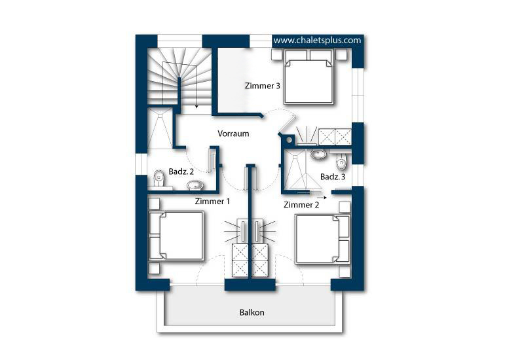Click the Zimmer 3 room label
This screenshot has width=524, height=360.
tap(263, 86)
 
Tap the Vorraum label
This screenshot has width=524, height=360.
tap(233, 134)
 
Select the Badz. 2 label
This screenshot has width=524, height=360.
tap(181, 171)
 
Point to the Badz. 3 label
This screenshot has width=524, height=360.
tap(333, 177)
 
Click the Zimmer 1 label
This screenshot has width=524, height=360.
tap(212, 202)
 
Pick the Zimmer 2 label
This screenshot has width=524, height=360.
tap(301, 205)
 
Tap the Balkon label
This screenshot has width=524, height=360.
tap(252, 313)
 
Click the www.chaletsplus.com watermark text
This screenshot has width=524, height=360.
tap(318, 41)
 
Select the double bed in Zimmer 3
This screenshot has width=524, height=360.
tap(309, 77)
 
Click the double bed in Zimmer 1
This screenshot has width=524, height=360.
tap(176, 236)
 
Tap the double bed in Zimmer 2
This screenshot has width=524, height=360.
tap(322, 239)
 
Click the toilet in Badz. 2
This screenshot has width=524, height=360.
tap(159, 178)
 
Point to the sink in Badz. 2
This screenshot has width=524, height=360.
tap(195, 185)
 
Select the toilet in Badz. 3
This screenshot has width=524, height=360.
tap(341, 162)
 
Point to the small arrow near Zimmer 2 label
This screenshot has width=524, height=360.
tap(322, 198)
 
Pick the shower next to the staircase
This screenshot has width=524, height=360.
tap(160, 128)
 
